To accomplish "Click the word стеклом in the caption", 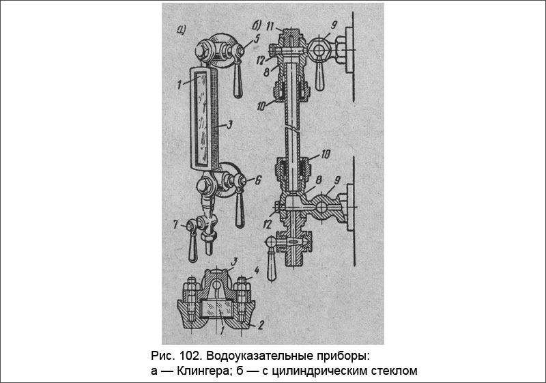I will (393, 371).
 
